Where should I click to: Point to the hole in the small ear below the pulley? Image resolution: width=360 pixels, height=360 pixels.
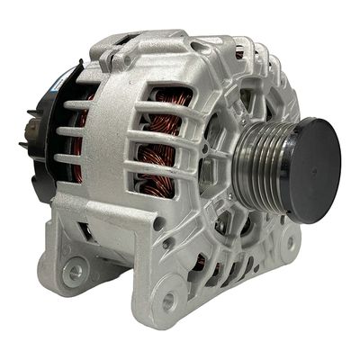(x=290, y=241)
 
